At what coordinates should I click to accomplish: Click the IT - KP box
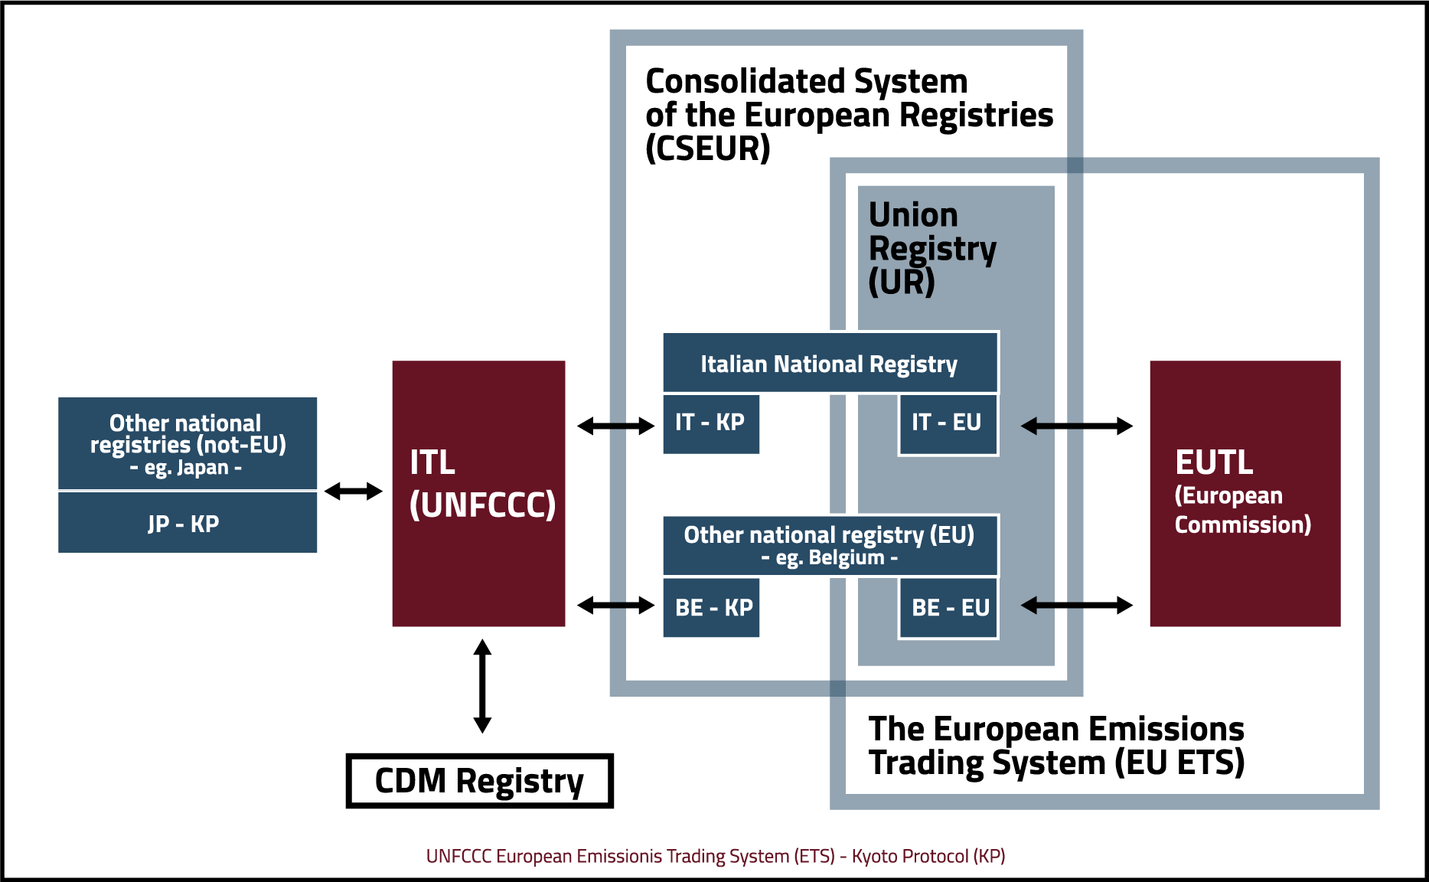710,423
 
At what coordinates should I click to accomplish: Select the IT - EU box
948,423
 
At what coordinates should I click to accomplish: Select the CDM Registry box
479,781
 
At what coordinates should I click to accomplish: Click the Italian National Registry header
830,363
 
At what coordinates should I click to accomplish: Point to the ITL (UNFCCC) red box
478,493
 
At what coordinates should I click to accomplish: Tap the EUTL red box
1245,493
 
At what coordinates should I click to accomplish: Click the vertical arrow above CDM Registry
482,686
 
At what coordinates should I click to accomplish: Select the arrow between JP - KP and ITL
353,491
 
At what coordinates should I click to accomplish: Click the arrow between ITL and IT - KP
615,426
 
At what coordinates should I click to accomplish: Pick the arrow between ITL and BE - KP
615,606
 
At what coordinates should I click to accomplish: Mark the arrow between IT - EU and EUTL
1076,426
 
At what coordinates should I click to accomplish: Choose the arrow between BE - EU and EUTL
1076,606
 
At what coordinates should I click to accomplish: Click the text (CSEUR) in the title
707,149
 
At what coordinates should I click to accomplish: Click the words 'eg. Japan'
186,468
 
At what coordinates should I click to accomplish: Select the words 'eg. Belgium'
830,558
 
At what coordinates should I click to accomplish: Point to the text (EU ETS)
1179,763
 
